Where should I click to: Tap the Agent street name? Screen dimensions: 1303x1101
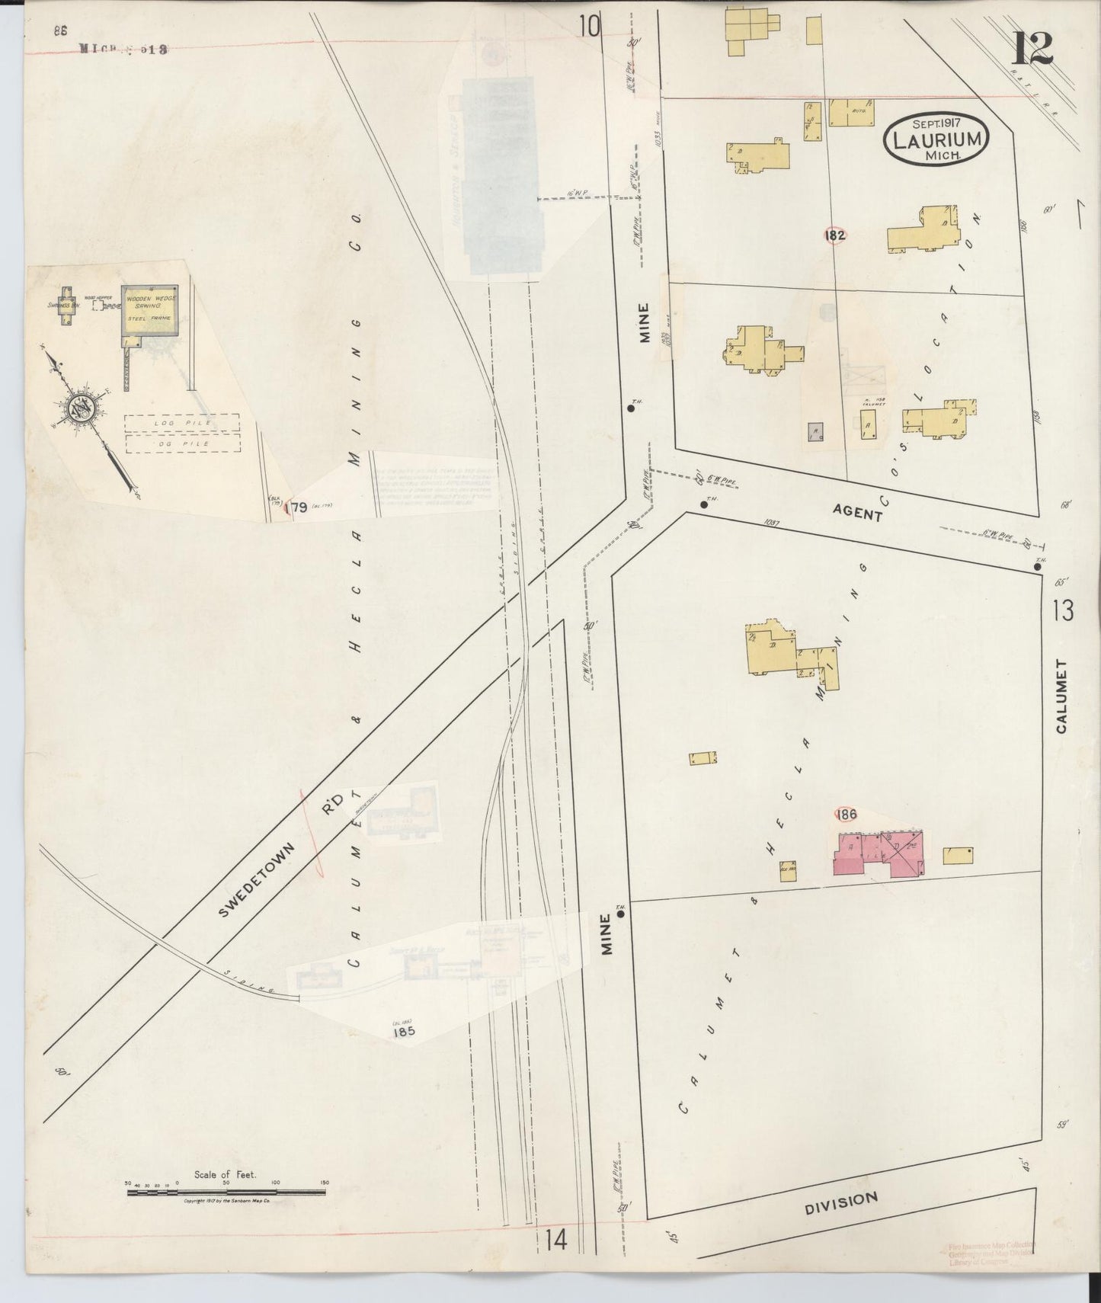click(857, 514)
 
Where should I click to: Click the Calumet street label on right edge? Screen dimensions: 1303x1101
click(1061, 696)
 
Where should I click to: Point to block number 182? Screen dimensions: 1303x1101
click(834, 235)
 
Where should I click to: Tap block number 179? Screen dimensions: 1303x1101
click(296, 508)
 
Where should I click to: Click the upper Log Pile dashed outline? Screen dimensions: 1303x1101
click(182, 422)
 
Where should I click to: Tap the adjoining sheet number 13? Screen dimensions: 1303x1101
click(1063, 610)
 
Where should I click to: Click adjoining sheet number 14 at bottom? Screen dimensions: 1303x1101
click(555, 1241)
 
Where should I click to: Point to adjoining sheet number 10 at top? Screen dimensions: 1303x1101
click(588, 27)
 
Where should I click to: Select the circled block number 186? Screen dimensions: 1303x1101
click(846, 814)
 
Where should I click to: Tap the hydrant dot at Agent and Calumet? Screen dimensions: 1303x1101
click(1037, 566)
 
